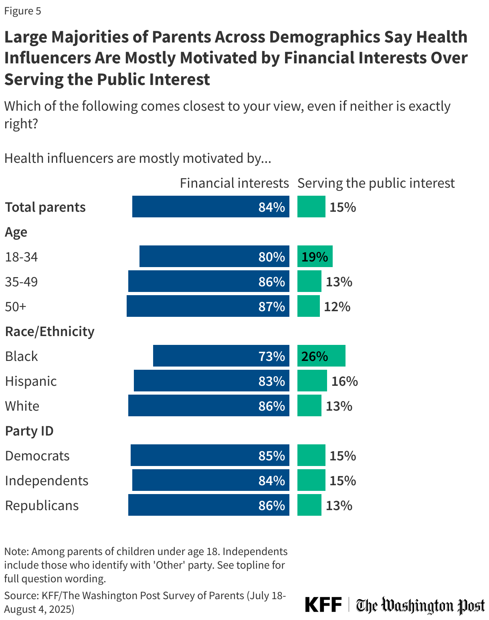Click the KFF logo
pos(323,604)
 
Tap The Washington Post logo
pos(420,606)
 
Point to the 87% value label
pos(271,306)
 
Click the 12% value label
pos(337,307)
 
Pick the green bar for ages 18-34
pos(315,256)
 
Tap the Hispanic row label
pos(31,381)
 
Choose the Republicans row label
pos(42,505)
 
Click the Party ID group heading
pos(29,431)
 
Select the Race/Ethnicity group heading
pos(50,331)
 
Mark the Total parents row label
pos(45,207)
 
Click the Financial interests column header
pos(234,183)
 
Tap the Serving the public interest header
pos(376,183)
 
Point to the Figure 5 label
pos(22,11)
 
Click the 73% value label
pos(271,356)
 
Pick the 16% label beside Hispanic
pos(344,381)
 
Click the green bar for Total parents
pos(311,207)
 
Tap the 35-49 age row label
pos(21,282)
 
